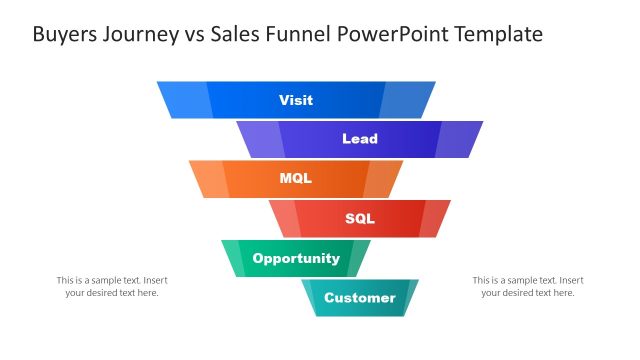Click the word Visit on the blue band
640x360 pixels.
pos(296,100)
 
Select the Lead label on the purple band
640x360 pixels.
pos(360,139)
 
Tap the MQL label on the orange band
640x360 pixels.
pos(296,179)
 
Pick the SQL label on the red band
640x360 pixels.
pos(360,218)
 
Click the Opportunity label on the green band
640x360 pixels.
pos(296,258)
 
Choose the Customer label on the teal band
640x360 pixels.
pos(360,297)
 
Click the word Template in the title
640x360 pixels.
pos(498,35)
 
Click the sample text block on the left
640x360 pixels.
pos(111,286)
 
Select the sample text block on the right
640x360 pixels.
pos(527,286)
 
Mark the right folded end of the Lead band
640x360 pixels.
pos(459,139)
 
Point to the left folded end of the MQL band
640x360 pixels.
pos(209,179)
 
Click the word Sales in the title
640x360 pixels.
pos(240,35)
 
